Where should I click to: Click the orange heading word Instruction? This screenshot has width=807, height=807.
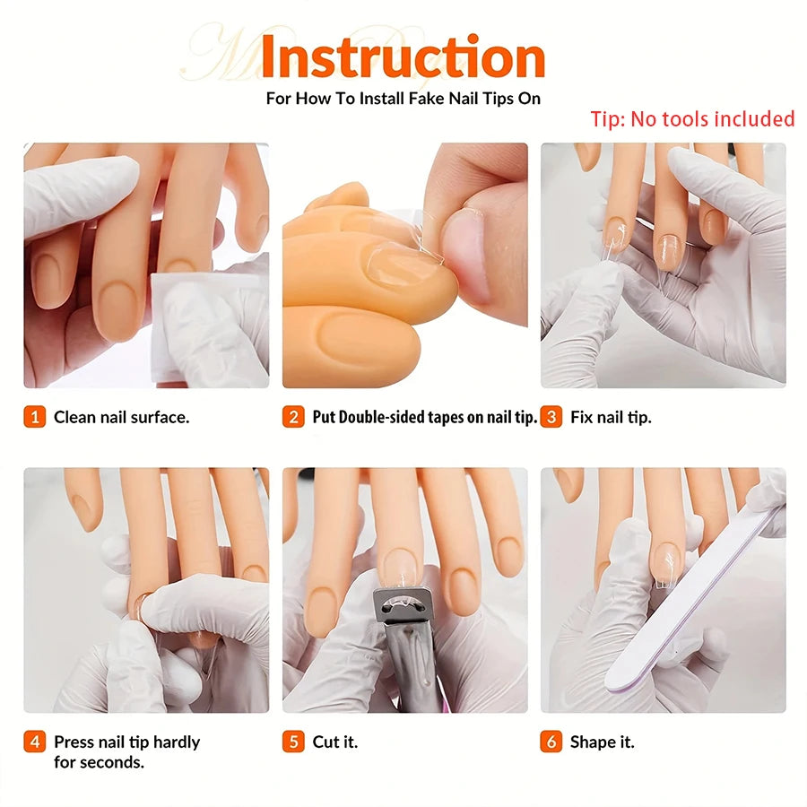[x=403, y=56]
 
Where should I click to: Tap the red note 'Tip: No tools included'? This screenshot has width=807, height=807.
[x=692, y=119]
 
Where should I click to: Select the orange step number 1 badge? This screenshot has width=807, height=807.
[x=34, y=416]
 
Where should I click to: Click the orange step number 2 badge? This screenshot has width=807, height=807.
[x=293, y=416]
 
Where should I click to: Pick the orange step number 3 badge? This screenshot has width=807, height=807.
[x=551, y=416]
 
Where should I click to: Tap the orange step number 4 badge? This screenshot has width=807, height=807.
[x=34, y=742]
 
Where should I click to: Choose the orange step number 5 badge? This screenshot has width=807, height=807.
[x=293, y=742]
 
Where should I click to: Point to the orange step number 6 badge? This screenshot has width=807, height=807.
[x=551, y=742]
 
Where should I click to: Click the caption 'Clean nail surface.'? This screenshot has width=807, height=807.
[x=121, y=417]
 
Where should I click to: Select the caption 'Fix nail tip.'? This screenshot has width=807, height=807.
[x=611, y=417]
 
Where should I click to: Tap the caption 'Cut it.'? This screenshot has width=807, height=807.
[x=335, y=742]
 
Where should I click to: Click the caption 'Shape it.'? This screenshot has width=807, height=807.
[x=603, y=742]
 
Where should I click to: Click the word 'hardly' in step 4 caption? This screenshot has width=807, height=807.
[x=177, y=742]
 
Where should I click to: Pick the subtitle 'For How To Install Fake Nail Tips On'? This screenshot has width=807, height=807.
[x=403, y=99]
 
